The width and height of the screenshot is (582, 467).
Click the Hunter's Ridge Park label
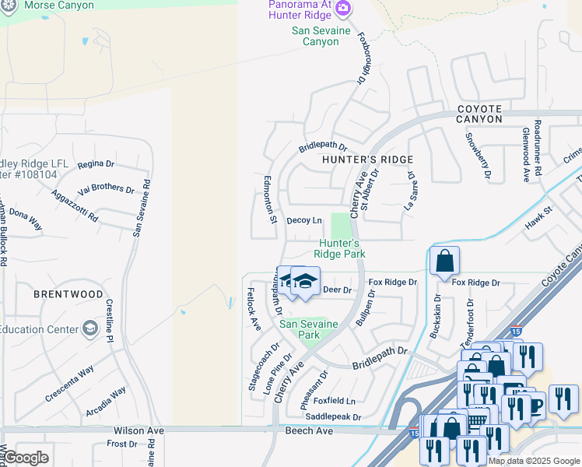click(341, 248)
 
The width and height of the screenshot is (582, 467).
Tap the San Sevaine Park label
click(310, 329)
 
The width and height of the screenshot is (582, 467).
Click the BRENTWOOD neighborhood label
click(68, 294)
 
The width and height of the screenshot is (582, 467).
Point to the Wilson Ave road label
click(138, 430)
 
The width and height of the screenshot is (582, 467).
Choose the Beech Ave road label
click(309, 430)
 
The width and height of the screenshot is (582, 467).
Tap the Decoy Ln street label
click(304, 220)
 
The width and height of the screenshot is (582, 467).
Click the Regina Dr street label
click(96, 164)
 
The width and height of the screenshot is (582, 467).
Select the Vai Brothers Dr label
click(106, 188)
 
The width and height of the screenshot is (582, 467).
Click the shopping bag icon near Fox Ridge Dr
click(444, 262)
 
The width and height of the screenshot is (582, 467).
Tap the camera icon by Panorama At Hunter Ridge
click(344, 10)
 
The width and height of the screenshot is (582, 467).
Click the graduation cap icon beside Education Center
click(91, 328)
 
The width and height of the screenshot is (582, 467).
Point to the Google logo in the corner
click(26, 458)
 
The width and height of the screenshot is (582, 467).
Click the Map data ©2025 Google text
click(534, 461)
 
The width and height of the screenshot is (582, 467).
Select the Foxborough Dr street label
click(363, 57)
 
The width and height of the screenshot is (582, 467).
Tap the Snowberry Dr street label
click(478, 156)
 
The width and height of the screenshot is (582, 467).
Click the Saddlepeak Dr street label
click(334, 417)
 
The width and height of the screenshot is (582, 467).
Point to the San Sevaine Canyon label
click(315, 36)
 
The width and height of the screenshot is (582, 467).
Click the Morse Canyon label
click(60, 5)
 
